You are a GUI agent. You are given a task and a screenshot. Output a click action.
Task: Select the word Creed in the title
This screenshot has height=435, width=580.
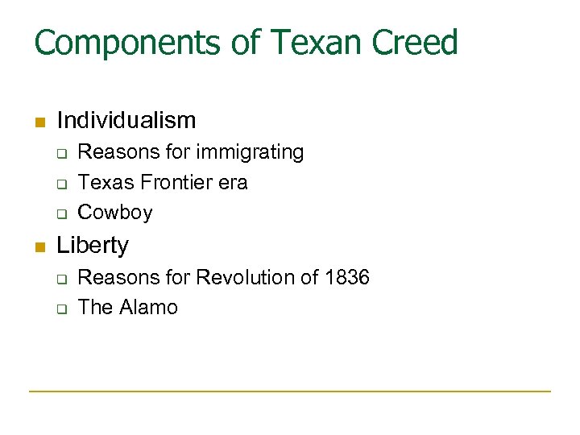pyautogui.click(x=416, y=43)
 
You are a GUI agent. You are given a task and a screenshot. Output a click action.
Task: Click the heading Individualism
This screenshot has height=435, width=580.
pyautogui.click(x=126, y=121)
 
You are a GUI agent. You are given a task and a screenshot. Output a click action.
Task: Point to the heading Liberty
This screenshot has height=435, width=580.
pyautogui.click(x=93, y=245)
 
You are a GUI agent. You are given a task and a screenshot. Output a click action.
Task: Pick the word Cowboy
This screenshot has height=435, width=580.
pyautogui.click(x=115, y=213)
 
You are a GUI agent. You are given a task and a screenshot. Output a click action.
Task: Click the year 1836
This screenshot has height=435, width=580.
pyautogui.click(x=347, y=278)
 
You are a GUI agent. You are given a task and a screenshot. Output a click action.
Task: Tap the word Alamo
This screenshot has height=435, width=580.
pyautogui.click(x=149, y=308)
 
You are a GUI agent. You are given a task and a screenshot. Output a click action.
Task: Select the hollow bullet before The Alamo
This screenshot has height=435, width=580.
pyautogui.click(x=60, y=309)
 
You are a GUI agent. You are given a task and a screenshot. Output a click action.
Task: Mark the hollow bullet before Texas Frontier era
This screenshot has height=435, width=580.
pyautogui.click(x=60, y=184)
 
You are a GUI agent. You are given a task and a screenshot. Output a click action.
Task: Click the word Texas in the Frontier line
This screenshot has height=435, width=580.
pyautogui.click(x=106, y=183)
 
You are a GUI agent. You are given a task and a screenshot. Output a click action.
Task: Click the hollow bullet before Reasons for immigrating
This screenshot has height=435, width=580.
pyautogui.click(x=60, y=154)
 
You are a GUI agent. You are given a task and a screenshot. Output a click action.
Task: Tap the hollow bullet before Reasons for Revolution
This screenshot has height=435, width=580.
pyautogui.click(x=60, y=280)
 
